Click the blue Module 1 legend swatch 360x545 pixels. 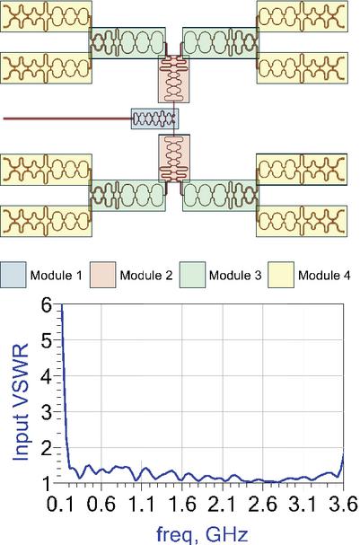click(x=13, y=275)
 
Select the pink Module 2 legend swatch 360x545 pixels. click(x=102, y=275)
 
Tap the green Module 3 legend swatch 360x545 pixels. click(x=192, y=275)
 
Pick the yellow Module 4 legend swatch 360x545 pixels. click(x=281, y=275)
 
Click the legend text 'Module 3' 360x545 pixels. click(x=235, y=276)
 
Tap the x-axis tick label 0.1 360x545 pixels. click(x=60, y=504)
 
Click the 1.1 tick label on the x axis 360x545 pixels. click(x=141, y=504)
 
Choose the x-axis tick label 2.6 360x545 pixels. click(x=262, y=504)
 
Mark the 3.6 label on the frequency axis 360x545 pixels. click(x=343, y=504)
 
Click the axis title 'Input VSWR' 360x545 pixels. click(x=21, y=402)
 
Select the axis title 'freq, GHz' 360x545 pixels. click(x=202, y=533)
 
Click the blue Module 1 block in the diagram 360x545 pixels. click(x=155, y=119)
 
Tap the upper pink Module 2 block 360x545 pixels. click(x=174, y=79)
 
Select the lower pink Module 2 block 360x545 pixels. click(x=174, y=159)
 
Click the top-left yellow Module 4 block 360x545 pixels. click(x=46, y=16)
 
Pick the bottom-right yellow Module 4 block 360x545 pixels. click(x=302, y=221)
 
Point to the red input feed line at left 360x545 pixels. click(x=67, y=119)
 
